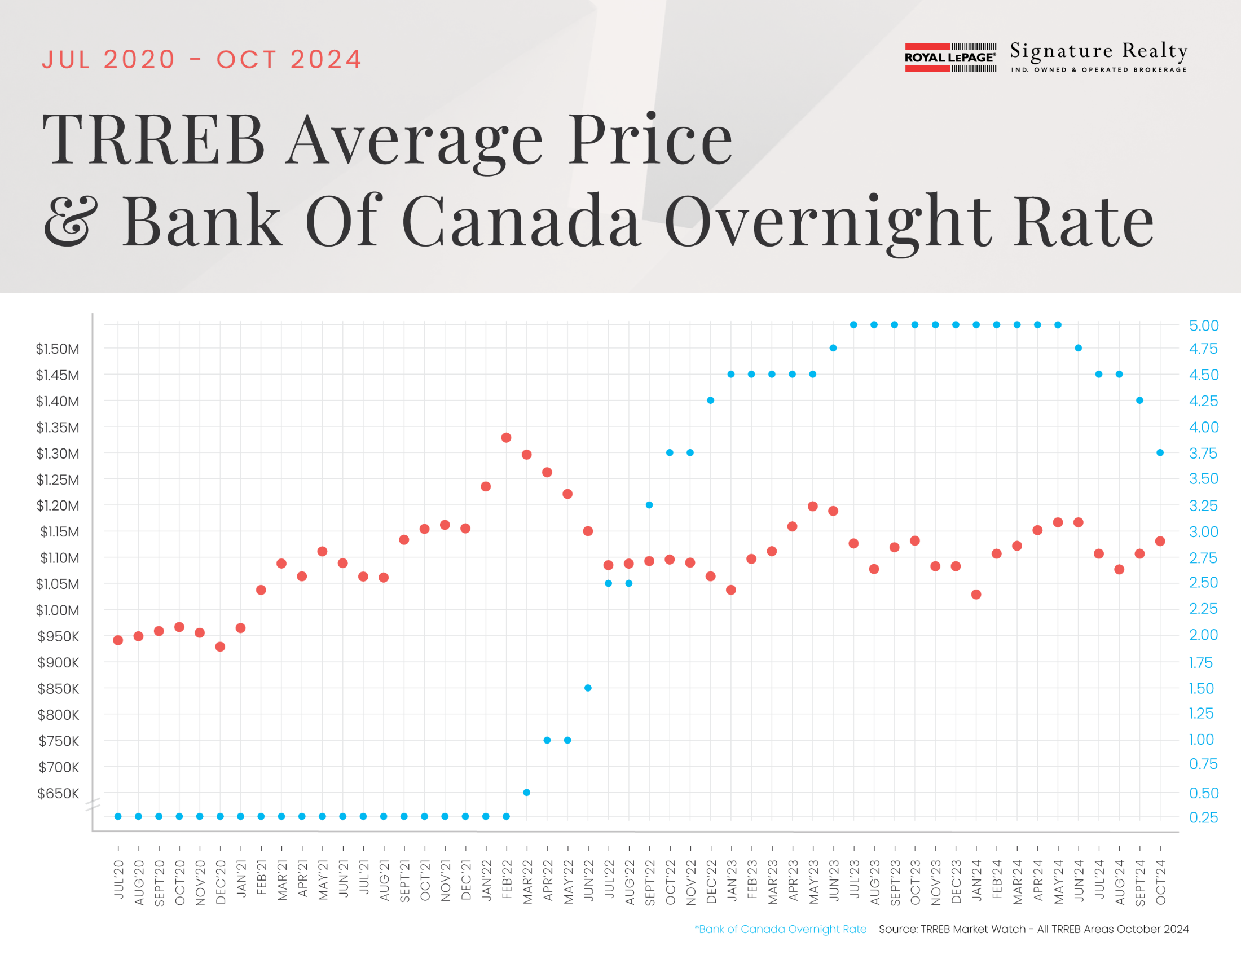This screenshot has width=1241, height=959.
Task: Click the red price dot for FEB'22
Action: pyautogui.click(x=507, y=437)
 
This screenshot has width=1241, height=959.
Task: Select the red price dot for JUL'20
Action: pyautogui.click(x=118, y=640)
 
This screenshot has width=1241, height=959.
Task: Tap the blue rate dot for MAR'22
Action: pyautogui.click(x=527, y=793)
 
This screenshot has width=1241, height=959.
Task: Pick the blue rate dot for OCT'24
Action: pyautogui.click(x=1160, y=453)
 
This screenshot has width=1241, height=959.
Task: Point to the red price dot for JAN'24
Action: pyautogui.click(x=976, y=594)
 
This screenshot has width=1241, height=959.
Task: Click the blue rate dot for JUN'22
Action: pyautogui.click(x=588, y=688)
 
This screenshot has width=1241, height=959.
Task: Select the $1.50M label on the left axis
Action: pyautogui.click(x=58, y=349)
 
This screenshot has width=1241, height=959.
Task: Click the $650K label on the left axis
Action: pyautogui.click(x=58, y=793)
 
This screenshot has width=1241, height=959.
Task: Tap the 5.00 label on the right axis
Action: pyautogui.click(x=1204, y=325)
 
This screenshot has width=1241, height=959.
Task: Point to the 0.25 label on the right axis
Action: pyautogui.click(x=1204, y=817)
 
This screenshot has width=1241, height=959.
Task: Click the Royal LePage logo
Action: pyautogui.click(x=950, y=58)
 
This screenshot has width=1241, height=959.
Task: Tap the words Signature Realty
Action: pyautogui.click(x=1098, y=52)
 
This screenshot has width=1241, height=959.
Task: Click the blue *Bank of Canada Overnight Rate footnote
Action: pyautogui.click(x=780, y=929)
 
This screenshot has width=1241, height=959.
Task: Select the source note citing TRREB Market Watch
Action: pyautogui.click(x=1033, y=929)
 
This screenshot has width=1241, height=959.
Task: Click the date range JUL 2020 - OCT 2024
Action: pyautogui.click(x=202, y=60)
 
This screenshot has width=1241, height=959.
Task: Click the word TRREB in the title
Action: pyautogui.click(x=154, y=139)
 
